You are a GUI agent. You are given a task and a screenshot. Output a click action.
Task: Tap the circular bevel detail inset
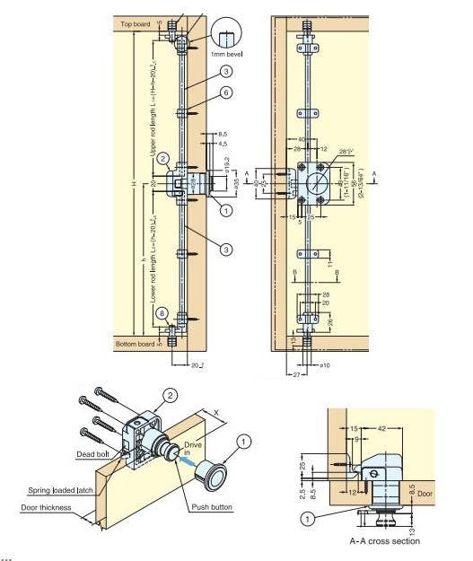(x=226, y=32)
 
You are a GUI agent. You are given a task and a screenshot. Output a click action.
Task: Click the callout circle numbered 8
(x=162, y=313)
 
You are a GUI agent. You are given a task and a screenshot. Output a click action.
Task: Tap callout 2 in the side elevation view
(x=162, y=158)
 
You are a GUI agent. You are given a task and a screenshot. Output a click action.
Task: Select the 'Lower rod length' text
(x=153, y=266)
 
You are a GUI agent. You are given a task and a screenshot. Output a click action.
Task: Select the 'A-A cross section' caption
(x=384, y=541)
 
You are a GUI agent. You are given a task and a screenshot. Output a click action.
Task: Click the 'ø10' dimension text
(x=315, y=365)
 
